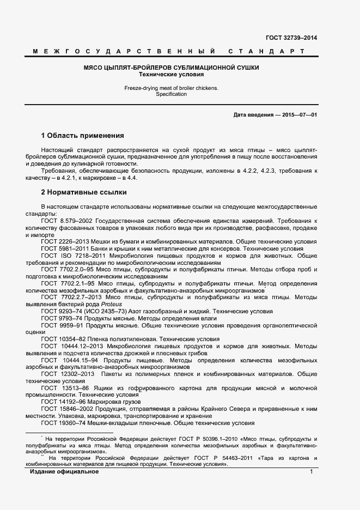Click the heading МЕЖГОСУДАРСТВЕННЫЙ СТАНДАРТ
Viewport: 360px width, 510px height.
(x=168, y=52)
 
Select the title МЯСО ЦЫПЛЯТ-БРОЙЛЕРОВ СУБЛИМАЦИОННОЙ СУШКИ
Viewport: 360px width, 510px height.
(x=170, y=67)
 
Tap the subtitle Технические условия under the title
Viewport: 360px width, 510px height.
(x=170, y=74)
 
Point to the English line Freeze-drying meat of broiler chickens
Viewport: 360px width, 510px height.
(x=170, y=87)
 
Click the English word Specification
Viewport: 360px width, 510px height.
(x=170, y=94)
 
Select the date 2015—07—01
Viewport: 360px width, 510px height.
(x=299, y=116)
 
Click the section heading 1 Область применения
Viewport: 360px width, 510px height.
(x=82, y=135)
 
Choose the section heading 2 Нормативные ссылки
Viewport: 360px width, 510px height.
(x=84, y=192)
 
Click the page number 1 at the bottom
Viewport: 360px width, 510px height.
(x=311, y=471)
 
